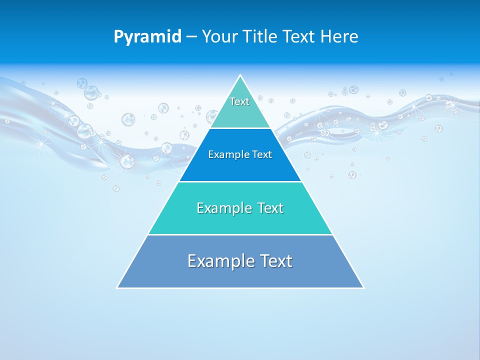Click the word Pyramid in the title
click(x=147, y=37)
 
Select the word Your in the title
click(x=219, y=37)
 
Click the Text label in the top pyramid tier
click(x=239, y=101)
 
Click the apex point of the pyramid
click(x=240, y=75)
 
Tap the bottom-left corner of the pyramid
click(x=117, y=287)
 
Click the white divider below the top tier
click(x=240, y=128)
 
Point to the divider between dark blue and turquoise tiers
click(x=240, y=181)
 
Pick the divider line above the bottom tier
click(x=240, y=234)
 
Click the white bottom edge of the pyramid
click(x=240, y=288)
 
